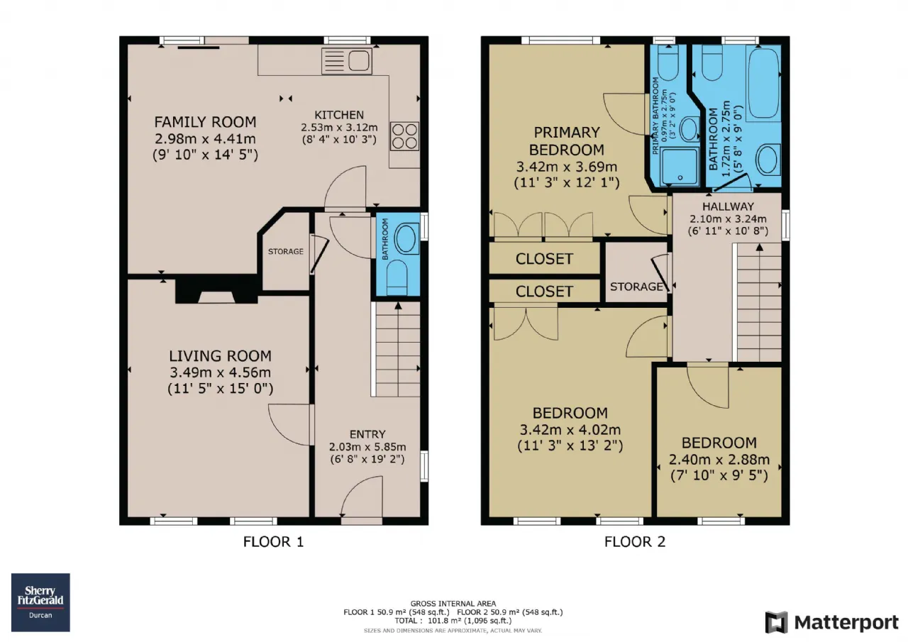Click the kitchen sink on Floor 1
pyautogui.click(x=347, y=61)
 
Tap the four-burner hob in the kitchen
pyautogui.click(x=404, y=136)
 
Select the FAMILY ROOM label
pyautogui.click(x=205, y=122)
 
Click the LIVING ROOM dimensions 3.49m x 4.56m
pyautogui.click(x=220, y=372)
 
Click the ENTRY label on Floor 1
pyautogui.click(x=367, y=434)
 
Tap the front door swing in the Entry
pyautogui.click(x=362, y=496)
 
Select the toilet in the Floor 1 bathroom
pyautogui.click(x=397, y=277)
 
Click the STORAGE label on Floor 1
pyautogui.click(x=286, y=252)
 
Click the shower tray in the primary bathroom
pyautogui.click(x=680, y=167)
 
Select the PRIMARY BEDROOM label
pyautogui.click(x=567, y=141)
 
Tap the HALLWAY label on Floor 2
pyautogui.click(x=728, y=206)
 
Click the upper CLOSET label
pyautogui.click(x=544, y=259)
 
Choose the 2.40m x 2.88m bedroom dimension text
pyautogui.click(x=719, y=459)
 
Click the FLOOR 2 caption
pyautogui.click(x=635, y=542)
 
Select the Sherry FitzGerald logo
pyautogui.click(x=40, y=602)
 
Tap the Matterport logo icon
pyautogui.click(x=776, y=622)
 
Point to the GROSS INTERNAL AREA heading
pyautogui.click(x=453, y=604)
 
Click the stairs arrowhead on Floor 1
pyautogui.click(x=398, y=306)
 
